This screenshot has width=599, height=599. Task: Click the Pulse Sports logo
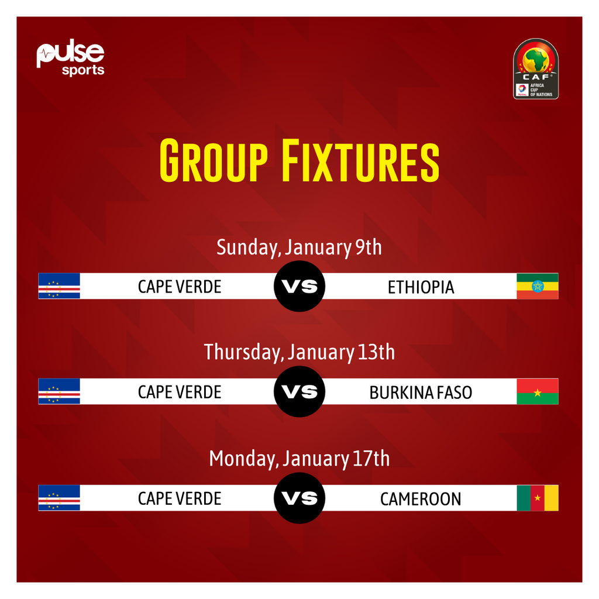click(70, 58)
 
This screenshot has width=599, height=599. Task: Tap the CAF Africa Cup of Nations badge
click(536, 68)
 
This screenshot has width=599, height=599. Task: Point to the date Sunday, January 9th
click(299, 247)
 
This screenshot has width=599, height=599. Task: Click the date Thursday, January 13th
click(299, 353)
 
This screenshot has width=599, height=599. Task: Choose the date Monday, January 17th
click(299, 459)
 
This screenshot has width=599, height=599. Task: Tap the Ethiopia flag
click(537, 286)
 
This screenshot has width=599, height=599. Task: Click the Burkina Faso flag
click(537, 391)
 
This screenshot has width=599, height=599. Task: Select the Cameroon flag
click(537, 498)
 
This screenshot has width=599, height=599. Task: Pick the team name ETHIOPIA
click(421, 287)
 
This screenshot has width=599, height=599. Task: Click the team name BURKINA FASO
click(421, 392)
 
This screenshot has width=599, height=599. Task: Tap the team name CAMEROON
click(421, 498)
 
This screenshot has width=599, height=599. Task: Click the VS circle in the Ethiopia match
click(299, 286)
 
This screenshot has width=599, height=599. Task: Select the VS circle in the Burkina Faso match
click(299, 391)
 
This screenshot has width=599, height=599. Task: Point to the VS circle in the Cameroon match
click(299, 498)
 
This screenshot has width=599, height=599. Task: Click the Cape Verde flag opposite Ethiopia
click(59, 286)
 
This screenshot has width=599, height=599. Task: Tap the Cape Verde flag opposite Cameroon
click(59, 498)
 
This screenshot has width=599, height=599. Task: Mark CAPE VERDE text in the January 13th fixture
click(180, 392)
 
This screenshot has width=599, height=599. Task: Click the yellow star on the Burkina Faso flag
click(537, 391)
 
